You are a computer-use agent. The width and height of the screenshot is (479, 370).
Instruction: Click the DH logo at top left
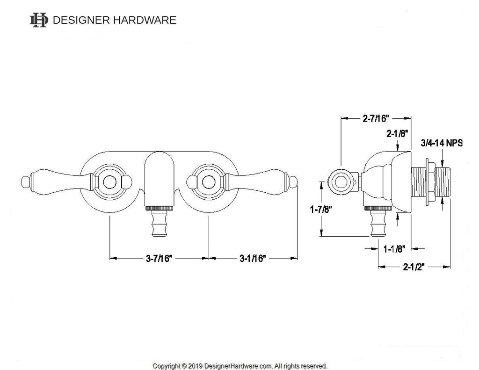tap(38, 20)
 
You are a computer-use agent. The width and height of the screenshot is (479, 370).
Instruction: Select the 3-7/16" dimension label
tap(159, 258)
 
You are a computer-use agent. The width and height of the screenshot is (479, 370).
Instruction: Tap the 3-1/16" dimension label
tap(253, 258)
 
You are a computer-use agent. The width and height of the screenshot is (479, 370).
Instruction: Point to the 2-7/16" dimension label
tap(377, 119)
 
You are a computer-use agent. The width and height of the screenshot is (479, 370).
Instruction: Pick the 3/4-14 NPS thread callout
tap(442, 143)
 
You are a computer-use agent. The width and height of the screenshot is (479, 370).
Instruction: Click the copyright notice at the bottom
tap(240, 365)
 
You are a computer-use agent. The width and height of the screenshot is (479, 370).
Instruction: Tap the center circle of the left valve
tap(109, 180)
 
